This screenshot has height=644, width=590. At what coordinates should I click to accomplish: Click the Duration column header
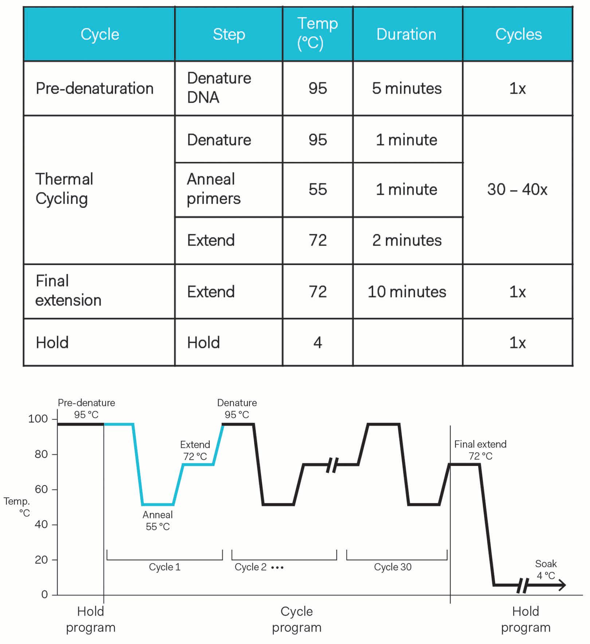click(x=406, y=34)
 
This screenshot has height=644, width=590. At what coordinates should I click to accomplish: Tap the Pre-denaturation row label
click(x=95, y=89)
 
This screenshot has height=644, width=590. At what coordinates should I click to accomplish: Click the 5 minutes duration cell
click(x=407, y=89)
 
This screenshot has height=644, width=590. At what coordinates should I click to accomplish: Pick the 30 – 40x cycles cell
click(x=517, y=189)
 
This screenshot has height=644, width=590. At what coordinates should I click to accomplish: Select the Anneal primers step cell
click(x=214, y=189)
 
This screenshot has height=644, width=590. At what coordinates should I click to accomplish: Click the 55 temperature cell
click(x=318, y=189)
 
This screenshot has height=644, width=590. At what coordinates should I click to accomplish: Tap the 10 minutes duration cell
click(x=407, y=292)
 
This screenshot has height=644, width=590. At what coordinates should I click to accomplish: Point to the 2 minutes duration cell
click(x=407, y=240)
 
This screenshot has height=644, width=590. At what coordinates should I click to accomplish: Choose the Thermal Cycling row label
click(x=64, y=189)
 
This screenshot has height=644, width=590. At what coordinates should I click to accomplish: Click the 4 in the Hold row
click(x=318, y=343)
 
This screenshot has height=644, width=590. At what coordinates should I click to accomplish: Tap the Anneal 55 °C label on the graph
click(x=158, y=521)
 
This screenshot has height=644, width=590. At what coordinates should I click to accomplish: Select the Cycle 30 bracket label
click(x=393, y=567)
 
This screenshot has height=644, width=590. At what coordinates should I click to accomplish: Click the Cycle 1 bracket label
click(x=165, y=567)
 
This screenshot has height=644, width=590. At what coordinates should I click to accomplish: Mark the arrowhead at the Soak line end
click(x=562, y=586)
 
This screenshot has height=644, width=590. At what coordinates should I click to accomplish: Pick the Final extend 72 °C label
click(x=480, y=450)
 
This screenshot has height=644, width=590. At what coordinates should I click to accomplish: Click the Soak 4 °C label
click(x=546, y=570)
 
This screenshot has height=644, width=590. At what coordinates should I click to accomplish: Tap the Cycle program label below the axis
click(x=296, y=619)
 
